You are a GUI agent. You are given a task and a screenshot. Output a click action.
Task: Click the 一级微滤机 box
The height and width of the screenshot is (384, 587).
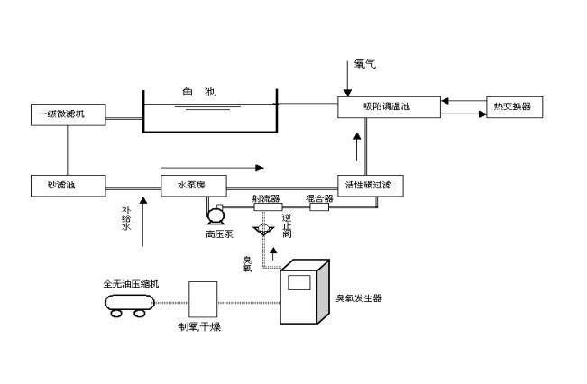pyautogui.click(x=67, y=114)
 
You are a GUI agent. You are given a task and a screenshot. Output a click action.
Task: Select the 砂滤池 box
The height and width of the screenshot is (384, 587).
pyautogui.click(x=67, y=186)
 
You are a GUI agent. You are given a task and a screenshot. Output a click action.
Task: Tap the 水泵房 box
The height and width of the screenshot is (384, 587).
pyautogui.click(x=193, y=186)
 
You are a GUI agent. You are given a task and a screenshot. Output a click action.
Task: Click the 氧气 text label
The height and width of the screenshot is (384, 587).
pyautogui.click(x=364, y=64)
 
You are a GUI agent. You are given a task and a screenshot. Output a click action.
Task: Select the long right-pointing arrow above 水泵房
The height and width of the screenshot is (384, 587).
pyautogui.click(x=213, y=167)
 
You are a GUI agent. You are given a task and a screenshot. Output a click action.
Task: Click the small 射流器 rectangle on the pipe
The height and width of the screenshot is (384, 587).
pyautogui.click(x=267, y=207)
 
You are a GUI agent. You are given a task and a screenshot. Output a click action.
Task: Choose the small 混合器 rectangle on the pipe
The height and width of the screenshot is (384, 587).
pyautogui.click(x=320, y=207)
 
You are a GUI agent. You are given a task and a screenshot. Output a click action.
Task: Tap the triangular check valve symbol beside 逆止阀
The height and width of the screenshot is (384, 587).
pyautogui.click(x=264, y=231)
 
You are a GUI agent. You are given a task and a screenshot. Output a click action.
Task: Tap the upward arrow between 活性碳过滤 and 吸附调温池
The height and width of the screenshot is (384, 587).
pyautogui.click(x=358, y=142)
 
